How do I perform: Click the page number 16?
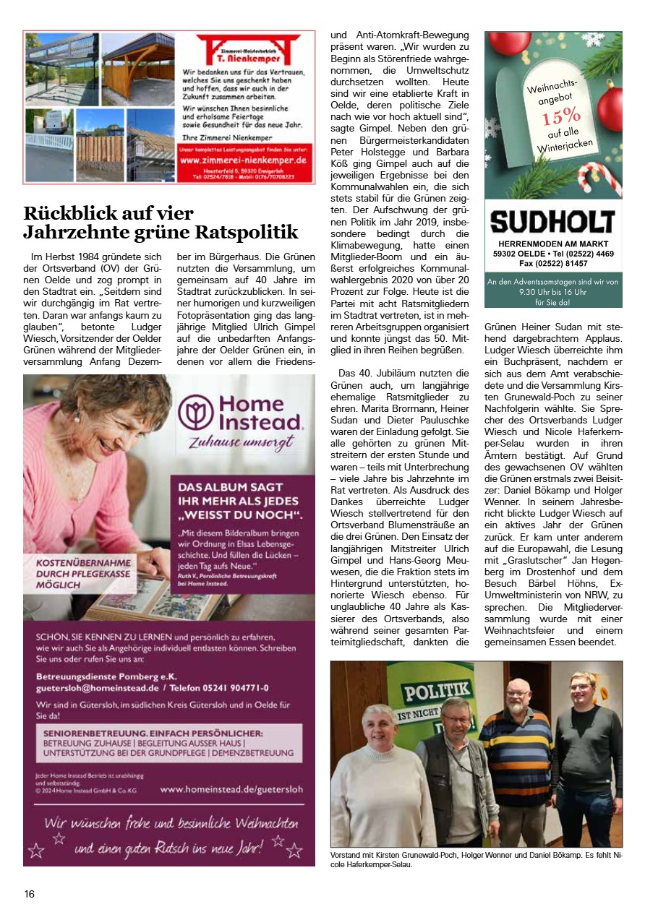(x=29, y=894)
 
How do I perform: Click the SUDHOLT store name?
(x=552, y=221)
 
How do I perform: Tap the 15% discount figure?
(x=561, y=115)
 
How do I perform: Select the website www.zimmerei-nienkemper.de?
(x=243, y=160)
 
